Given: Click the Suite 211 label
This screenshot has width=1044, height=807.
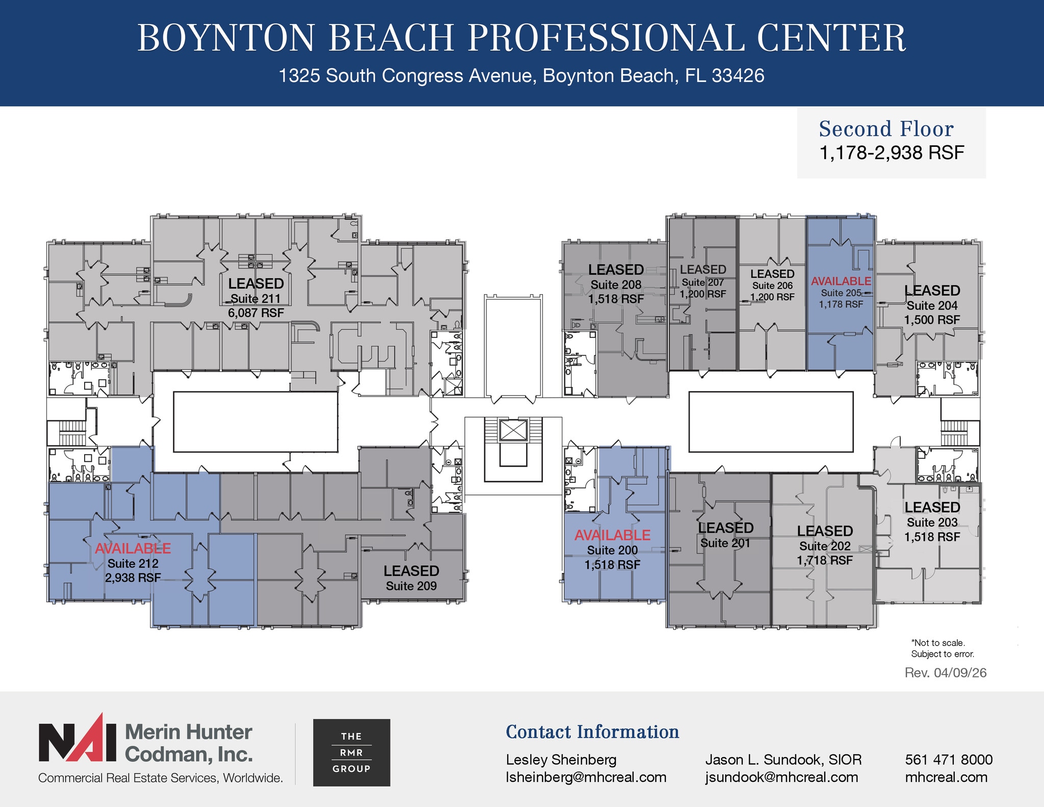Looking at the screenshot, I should click(255, 298).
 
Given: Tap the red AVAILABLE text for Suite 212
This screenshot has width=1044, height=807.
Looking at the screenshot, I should click(133, 549).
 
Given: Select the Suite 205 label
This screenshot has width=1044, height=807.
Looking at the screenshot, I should click(841, 293).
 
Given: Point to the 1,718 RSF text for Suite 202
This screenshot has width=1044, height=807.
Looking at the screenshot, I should click(824, 560).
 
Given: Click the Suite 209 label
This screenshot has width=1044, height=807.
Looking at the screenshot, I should click(411, 586).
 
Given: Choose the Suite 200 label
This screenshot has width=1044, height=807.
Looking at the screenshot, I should click(612, 550).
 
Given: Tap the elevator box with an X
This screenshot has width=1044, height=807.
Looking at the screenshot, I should click(513, 430).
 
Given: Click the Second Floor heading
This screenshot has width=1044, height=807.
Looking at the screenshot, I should click(886, 129).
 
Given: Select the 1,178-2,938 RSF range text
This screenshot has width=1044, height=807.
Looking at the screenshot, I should click(891, 152).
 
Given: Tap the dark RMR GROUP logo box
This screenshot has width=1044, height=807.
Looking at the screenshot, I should click(351, 752).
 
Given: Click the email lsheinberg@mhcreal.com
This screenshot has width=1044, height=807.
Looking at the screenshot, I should click(586, 777).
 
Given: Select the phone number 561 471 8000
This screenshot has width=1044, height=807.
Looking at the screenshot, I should click(948, 760).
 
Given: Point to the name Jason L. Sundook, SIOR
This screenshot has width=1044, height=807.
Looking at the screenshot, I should click(783, 760).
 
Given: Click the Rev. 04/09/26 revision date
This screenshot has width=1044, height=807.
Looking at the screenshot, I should click(945, 672).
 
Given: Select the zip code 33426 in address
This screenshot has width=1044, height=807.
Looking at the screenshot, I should click(738, 75).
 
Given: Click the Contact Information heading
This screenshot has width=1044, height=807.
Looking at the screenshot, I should click(592, 732).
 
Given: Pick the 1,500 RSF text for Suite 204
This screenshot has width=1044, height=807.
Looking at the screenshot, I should click(931, 320).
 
